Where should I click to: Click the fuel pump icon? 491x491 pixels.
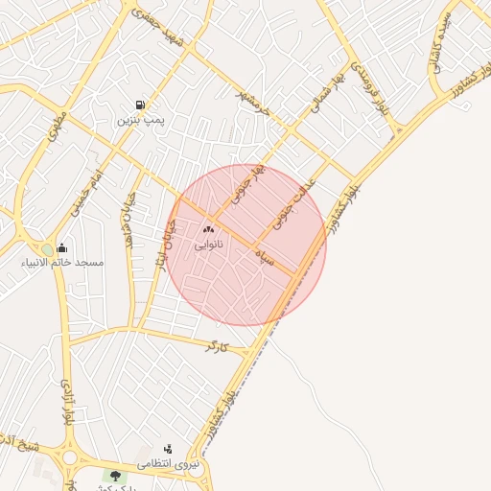(x=142, y=105)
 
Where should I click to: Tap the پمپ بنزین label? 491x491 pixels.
(x=142, y=121)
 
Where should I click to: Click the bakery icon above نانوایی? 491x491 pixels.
(x=209, y=230)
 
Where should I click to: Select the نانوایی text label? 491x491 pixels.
(x=209, y=245)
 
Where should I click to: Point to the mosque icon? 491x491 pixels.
(x=62, y=247)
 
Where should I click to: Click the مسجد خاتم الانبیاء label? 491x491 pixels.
(x=65, y=262)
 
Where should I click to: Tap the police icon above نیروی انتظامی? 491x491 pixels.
(x=169, y=449)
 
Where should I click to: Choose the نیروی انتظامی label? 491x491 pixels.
(x=169, y=464)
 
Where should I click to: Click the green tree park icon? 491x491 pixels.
(x=116, y=476)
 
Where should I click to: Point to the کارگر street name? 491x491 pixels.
(x=220, y=344)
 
